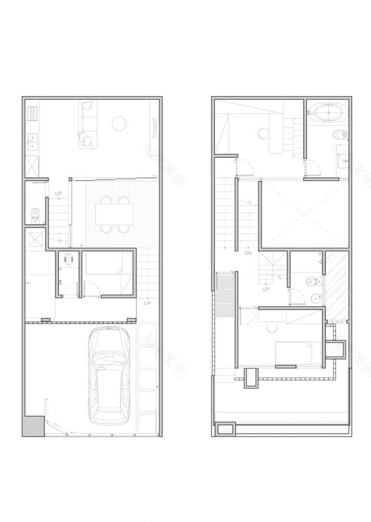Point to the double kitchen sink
point(32,143)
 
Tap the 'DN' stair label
point(248,253)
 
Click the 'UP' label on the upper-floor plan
point(266,289)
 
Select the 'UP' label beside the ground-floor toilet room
point(58,194)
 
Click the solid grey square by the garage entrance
point(32,424)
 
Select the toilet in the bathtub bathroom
point(338,135)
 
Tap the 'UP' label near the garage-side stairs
point(148,303)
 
